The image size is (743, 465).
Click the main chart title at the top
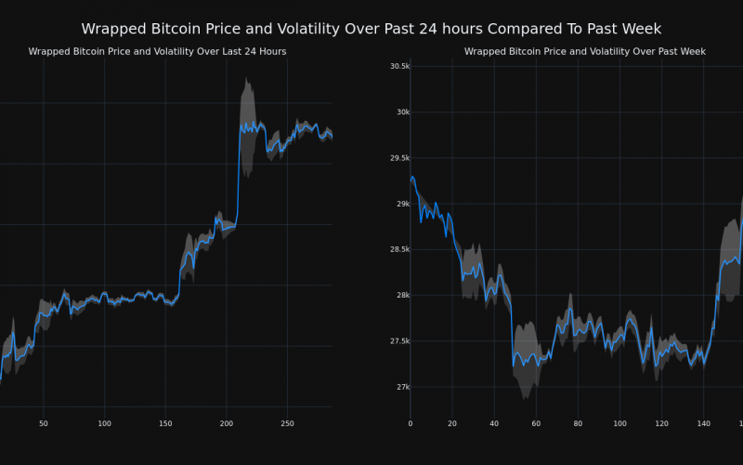[371, 29]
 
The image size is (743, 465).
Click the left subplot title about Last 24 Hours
[157, 52]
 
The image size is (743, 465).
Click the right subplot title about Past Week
[585, 52]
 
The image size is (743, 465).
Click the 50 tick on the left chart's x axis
[44, 424]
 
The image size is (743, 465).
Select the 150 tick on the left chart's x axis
[165, 424]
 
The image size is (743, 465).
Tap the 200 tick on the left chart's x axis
[227, 424]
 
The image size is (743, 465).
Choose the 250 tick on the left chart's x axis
[287, 424]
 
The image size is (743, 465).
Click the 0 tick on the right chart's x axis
[411, 424]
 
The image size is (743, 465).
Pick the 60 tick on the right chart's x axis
[536, 424]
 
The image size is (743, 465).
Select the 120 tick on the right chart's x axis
[661, 424]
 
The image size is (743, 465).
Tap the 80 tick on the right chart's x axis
[578, 424]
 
